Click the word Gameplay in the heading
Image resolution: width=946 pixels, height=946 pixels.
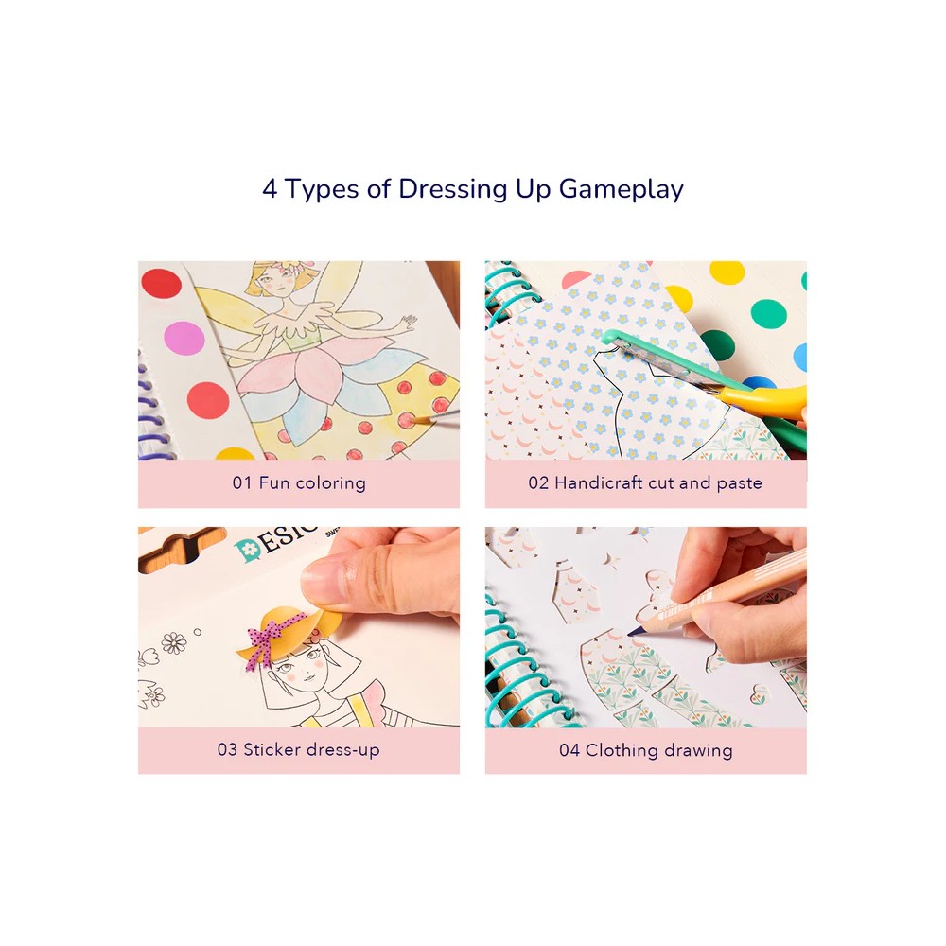pyautogui.click(x=621, y=189)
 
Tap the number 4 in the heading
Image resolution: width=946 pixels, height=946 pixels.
pyautogui.click(x=270, y=189)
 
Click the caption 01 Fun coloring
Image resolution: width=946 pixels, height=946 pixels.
pyautogui.click(x=299, y=482)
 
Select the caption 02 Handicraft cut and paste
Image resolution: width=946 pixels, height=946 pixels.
pyautogui.click(x=645, y=482)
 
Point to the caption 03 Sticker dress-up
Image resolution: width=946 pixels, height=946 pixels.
pyautogui.click(x=299, y=749)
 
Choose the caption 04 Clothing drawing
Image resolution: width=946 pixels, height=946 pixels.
pyautogui.click(x=645, y=750)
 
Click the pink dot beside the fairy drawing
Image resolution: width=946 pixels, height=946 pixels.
pyautogui.click(x=184, y=338)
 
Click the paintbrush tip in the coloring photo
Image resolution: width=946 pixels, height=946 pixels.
pyautogui.click(x=417, y=420)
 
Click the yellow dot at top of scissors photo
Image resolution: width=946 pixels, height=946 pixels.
pyautogui.click(x=727, y=272)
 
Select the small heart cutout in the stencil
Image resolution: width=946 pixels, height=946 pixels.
pyautogui.click(x=759, y=694)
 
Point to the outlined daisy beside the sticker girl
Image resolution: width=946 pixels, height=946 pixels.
pyautogui.click(x=174, y=642)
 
